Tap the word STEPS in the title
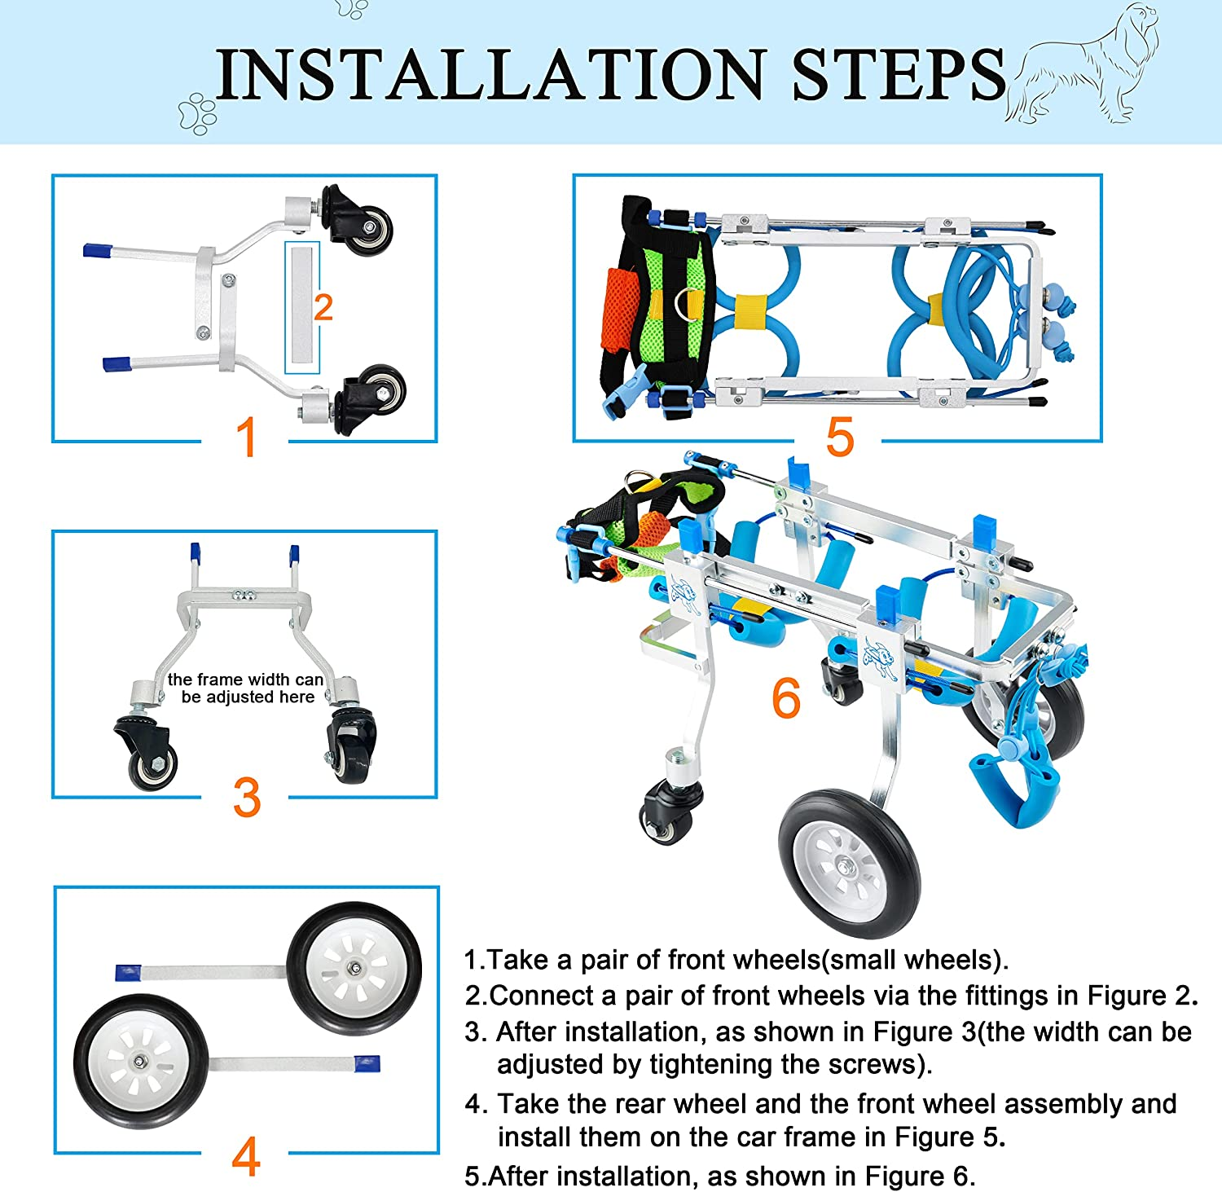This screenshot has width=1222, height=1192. (899, 75)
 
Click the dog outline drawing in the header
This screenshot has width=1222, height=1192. (1084, 65)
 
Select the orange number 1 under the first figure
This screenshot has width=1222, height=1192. (246, 438)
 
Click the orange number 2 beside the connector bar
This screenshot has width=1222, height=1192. (323, 308)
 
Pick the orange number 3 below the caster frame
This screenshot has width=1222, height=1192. (246, 798)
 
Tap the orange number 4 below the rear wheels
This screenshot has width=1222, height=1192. (246, 1155)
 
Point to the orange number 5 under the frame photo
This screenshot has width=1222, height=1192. (839, 438)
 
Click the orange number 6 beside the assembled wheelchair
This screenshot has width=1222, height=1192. (786, 699)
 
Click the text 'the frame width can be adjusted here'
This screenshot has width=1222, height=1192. (246, 688)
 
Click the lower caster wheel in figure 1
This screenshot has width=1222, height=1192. (379, 391)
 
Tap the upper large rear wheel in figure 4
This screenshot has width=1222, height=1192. (354, 968)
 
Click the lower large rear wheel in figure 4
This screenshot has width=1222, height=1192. (141, 1061)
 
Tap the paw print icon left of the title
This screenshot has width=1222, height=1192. (198, 112)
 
